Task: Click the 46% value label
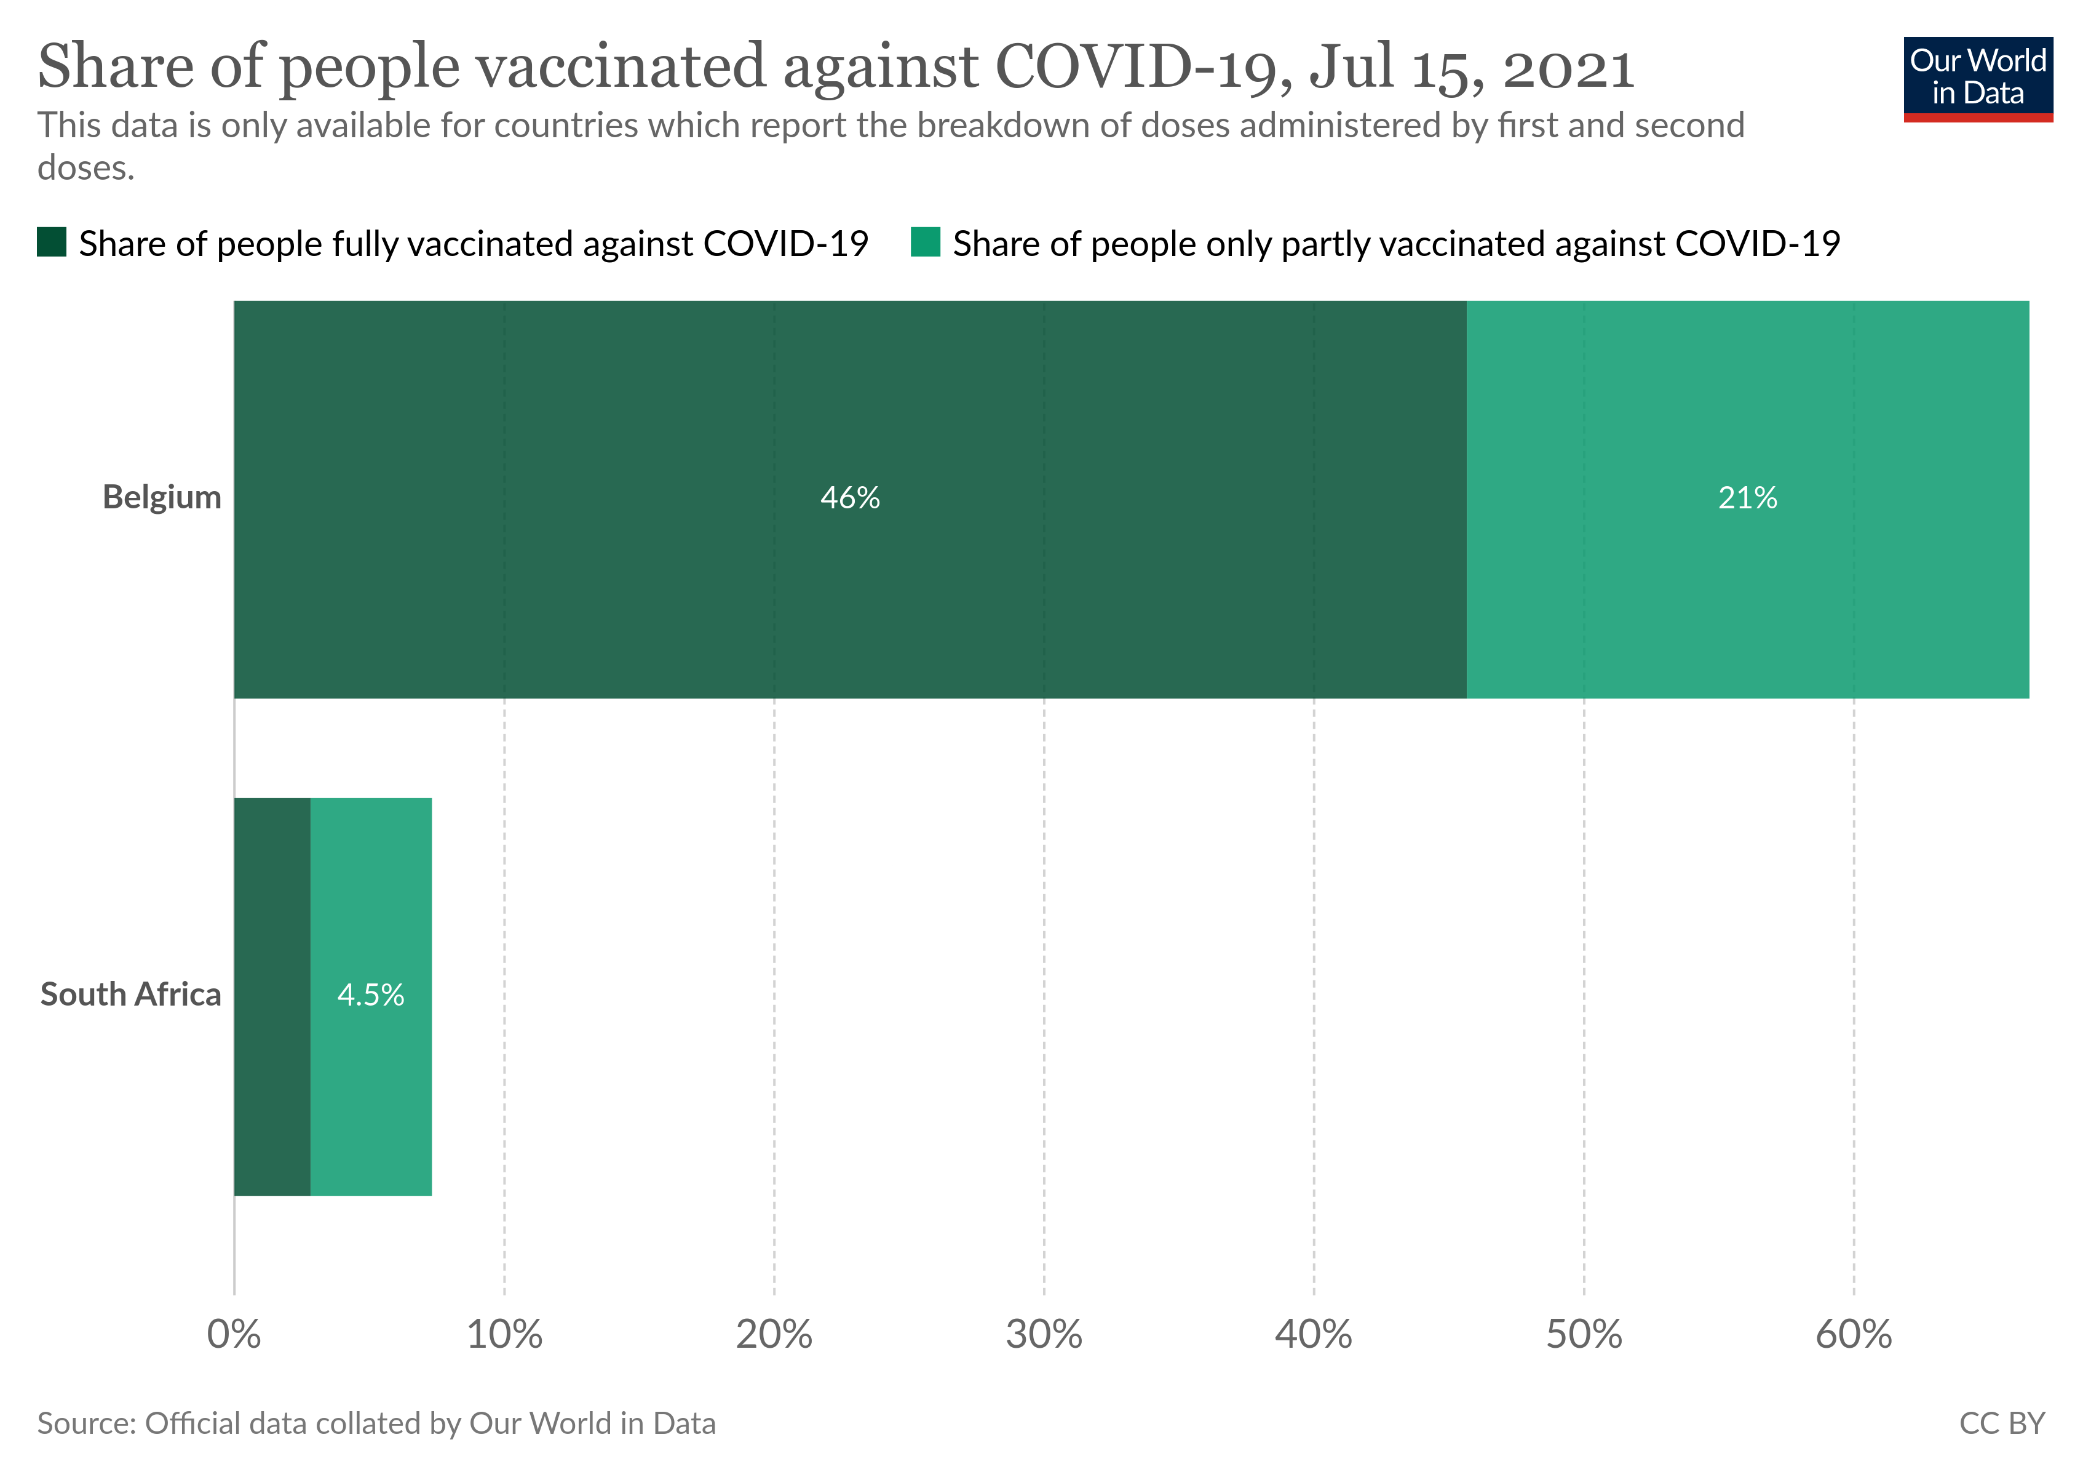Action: pyautogui.click(x=850, y=497)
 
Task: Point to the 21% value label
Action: pyautogui.click(x=1747, y=497)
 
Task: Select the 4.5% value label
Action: pyautogui.click(x=371, y=994)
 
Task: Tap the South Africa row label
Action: pyautogui.click(x=131, y=994)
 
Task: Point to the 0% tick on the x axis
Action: pyautogui.click(x=234, y=1335)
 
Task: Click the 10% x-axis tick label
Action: pyautogui.click(x=504, y=1335)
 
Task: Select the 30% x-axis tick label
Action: pyautogui.click(x=1044, y=1335)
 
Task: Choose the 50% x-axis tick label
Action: pyautogui.click(x=1584, y=1335)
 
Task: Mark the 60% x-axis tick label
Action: pyautogui.click(x=1854, y=1335)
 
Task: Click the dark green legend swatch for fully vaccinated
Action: pyautogui.click(x=52, y=242)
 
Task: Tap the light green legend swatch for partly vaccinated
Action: pyautogui.click(x=926, y=242)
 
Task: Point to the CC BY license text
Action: pyautogui.click(x=2002, y=1423)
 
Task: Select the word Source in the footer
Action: pyautogui.click(x=87, y=1423)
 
